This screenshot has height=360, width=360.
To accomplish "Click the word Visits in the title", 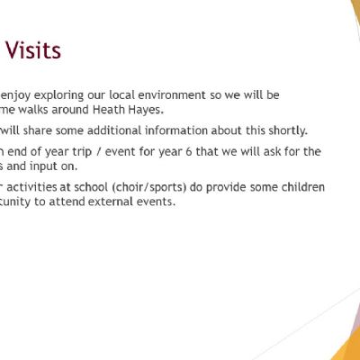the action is tap(33, 50).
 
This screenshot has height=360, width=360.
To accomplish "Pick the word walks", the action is tap(33, 110).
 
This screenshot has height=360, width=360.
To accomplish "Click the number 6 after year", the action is tap(188, 152).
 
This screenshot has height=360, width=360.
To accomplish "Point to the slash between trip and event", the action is tap(98, 152).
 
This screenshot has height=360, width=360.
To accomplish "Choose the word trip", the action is tap(82, 152).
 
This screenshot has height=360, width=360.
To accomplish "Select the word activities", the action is tap(39, 187).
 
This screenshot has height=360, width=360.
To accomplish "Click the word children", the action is tap(303, 187).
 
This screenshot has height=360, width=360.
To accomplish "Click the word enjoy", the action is tap(15, 95).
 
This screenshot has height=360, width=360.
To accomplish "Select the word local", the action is tap(121, 95).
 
